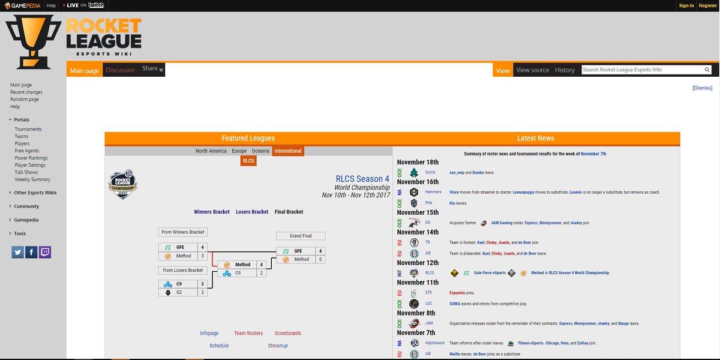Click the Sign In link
coord(686,5)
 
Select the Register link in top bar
coord(707,5)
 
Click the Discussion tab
coord(120,70)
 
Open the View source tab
coord(532,70)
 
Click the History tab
coord(565,70)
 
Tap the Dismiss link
coord(702,88)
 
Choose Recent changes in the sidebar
coord(26,92)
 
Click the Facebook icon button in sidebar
coord(31,252)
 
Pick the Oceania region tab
coord(260,151)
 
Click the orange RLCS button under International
coord(248,161)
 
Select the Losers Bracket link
coord(252,212)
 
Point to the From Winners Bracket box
coord(183,232)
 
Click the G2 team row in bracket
coord(183,292)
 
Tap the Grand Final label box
coord(301,236)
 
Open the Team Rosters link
coord(248,333)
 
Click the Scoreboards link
coord(288,333)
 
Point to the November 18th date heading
coord(418,162)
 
